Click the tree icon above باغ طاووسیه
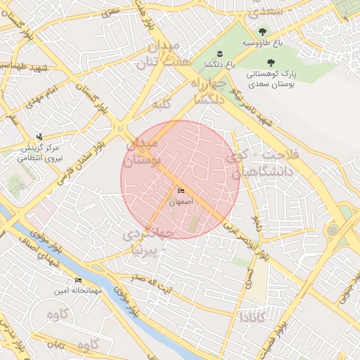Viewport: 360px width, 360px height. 262,32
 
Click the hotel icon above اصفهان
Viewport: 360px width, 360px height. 180,191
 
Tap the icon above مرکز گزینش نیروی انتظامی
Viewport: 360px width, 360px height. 39,136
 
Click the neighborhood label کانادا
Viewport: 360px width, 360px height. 252,319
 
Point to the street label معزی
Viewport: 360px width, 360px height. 110,12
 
